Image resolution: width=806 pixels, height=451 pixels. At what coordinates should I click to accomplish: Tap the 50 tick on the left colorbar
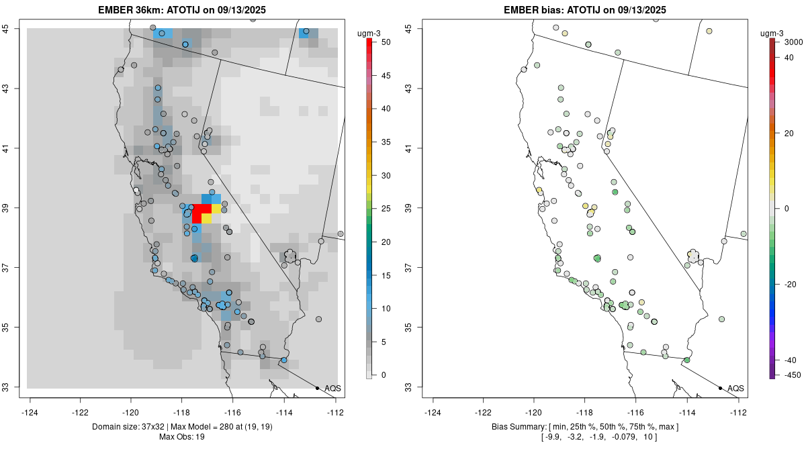[x=381, y=42]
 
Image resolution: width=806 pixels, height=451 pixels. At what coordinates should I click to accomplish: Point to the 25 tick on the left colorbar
[x=381, y=208]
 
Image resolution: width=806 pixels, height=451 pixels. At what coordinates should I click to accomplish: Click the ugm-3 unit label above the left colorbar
[x=370, y=34]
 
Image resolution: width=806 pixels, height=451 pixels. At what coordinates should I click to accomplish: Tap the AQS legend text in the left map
[x=332, y=389]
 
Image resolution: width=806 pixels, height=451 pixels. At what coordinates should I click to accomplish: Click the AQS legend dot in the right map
[x=720, y=388]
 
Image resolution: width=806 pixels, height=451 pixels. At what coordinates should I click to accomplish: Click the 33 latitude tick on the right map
[x=416, y=387]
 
